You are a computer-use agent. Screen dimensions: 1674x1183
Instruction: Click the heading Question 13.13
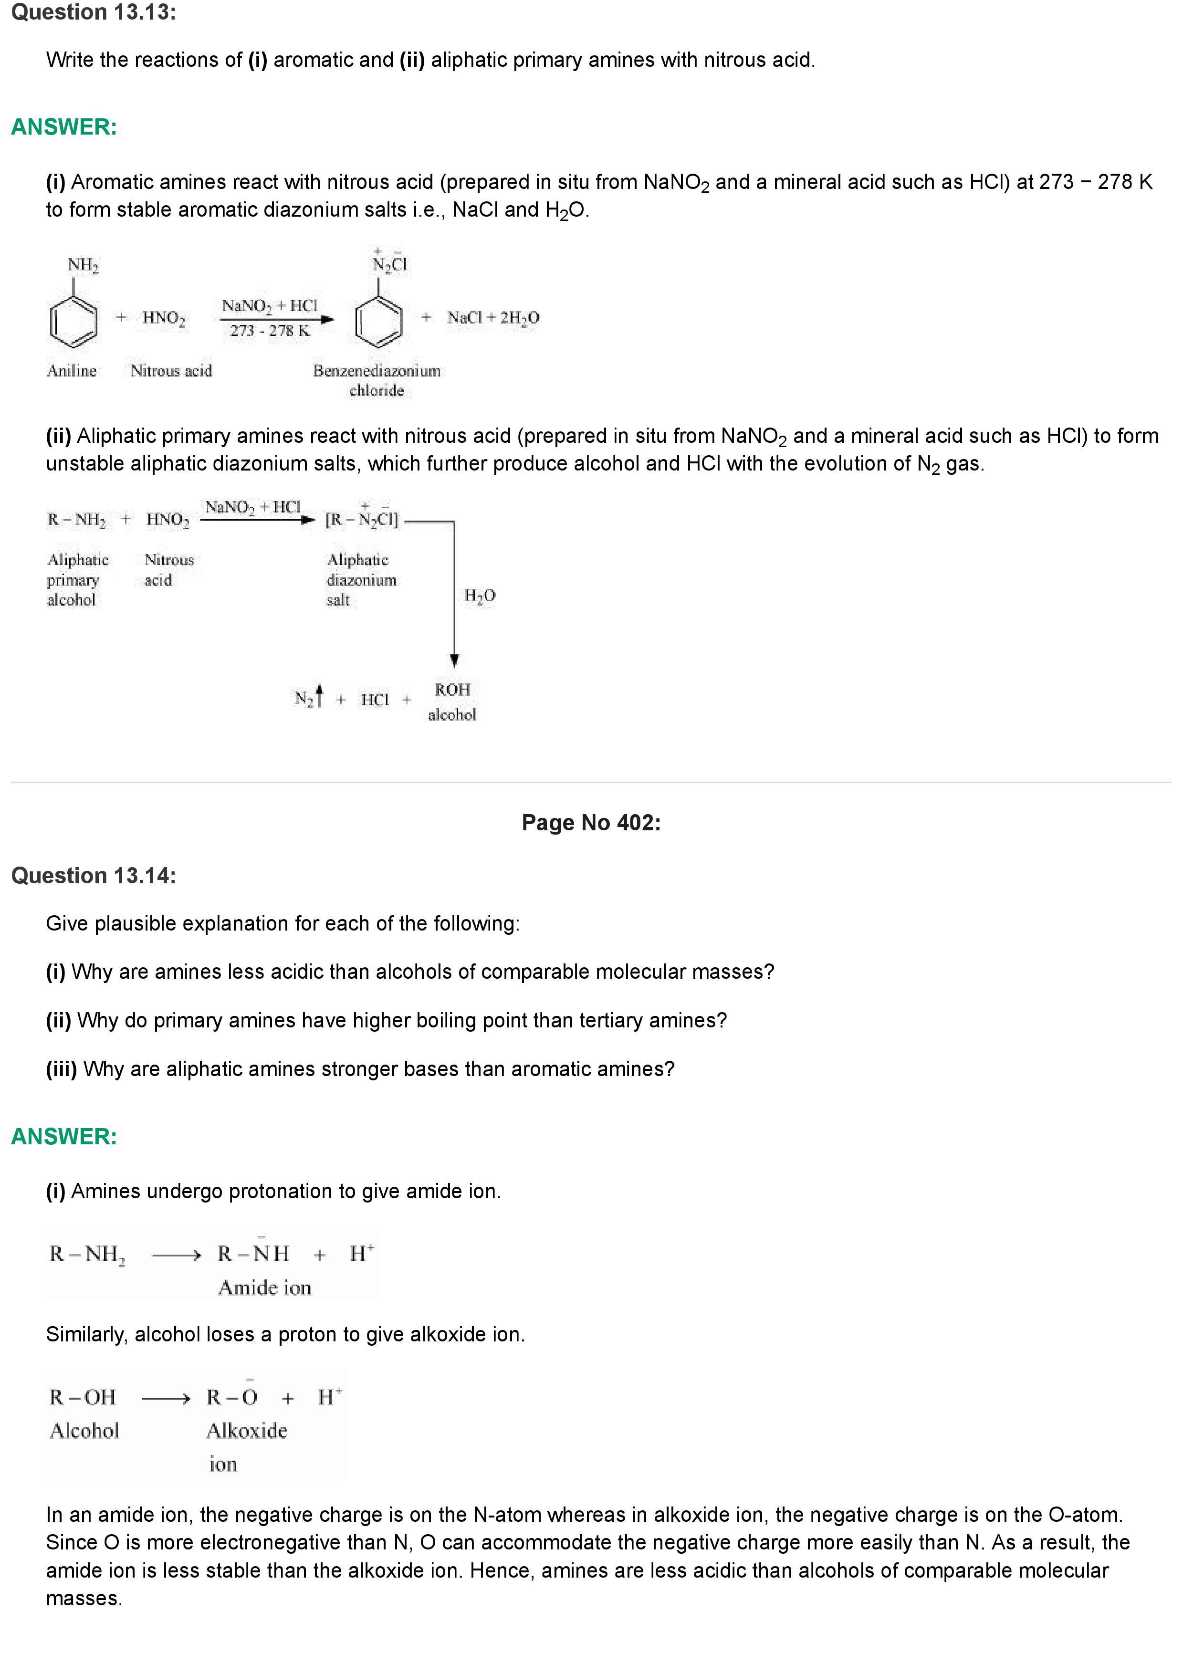point(94,12)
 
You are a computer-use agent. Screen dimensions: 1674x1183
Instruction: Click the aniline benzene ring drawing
point(73,321)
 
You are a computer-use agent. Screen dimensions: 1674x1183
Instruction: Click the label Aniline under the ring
point(72,370)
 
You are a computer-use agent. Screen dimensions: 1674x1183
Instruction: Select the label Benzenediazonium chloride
point(377,380)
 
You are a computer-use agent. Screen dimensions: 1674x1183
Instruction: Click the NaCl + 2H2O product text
point(493,317)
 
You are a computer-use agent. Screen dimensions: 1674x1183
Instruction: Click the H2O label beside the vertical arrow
point(480,596)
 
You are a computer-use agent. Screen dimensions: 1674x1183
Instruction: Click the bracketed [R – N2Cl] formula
point(362,518)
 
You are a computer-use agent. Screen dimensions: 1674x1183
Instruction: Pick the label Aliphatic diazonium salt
point(361,580)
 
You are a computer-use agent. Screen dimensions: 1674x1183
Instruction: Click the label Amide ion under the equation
point(264,1287)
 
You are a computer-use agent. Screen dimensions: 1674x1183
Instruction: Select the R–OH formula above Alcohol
point(83,1397)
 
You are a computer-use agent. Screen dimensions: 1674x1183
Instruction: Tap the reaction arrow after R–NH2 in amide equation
point(176,1255)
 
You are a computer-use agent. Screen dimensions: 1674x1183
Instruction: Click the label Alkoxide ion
point(246,1446)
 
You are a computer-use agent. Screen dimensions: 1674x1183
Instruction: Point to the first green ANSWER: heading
point(64,127)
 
